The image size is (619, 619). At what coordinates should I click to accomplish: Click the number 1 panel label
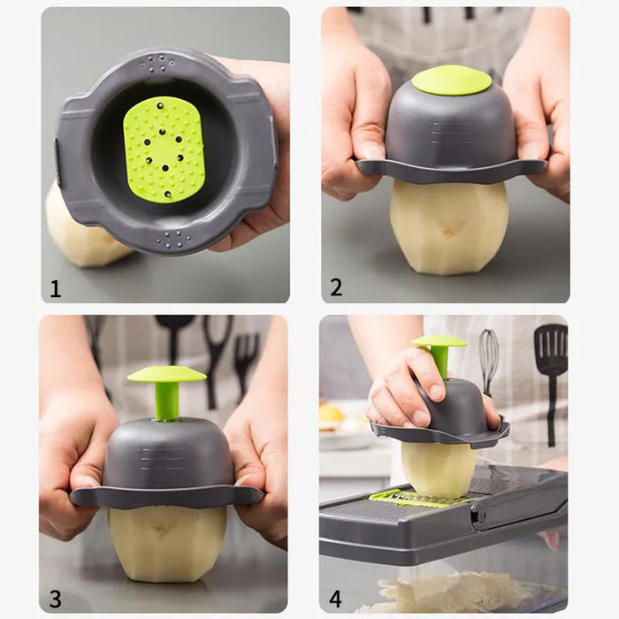click(x=55, y=288)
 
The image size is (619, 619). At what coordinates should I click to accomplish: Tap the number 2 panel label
click(x=336, y=287)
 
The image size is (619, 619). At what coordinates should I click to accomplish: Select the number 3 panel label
click(x=55, y=598)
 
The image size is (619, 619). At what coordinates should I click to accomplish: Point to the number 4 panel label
click(x=335, y=599)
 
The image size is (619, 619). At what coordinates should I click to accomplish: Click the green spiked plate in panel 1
click(x=164, y=149)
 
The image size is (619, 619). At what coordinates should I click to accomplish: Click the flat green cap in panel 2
click(x=451, y=80)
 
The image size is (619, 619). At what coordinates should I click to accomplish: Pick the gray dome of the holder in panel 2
click(x=451, y=128)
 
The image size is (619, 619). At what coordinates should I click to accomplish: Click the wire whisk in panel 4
click(x=489, y=358)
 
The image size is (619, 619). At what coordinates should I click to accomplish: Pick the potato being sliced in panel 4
click(x=439, y=469)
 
